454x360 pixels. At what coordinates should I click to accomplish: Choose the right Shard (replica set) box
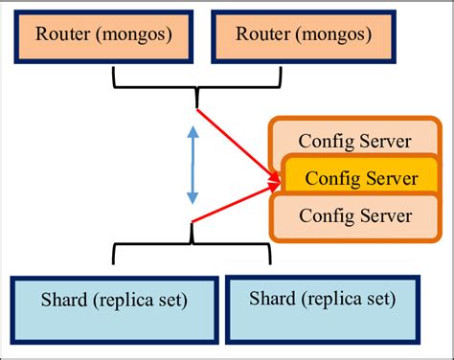tap(323, 299)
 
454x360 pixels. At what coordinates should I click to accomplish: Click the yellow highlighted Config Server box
tap(356, 178)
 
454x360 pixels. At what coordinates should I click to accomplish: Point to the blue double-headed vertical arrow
tap(193, 167)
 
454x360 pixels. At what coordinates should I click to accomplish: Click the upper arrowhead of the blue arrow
tap(193, 135)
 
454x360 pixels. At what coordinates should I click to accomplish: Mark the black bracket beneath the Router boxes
tap(196, 80)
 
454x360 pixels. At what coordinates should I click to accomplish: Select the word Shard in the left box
tap(65, 301)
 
